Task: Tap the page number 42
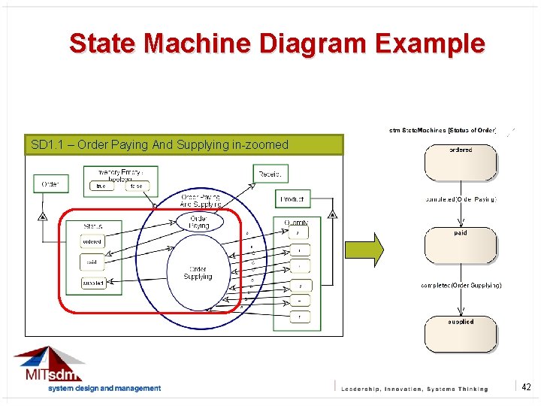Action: (526, 386)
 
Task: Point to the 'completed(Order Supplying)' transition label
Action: (461, 286)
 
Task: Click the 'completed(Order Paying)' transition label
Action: (460, 200)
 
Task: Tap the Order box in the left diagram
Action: (50, 183)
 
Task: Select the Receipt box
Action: (270, 174)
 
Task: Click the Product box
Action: (292, 198)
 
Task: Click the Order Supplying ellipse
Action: (198, 273)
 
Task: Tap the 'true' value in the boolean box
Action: (101, 186)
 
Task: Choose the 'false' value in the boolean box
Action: (136, 186)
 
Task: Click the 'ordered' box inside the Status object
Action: (92, 241)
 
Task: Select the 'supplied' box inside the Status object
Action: (93, 283)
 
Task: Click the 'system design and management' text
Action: (104, 389)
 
